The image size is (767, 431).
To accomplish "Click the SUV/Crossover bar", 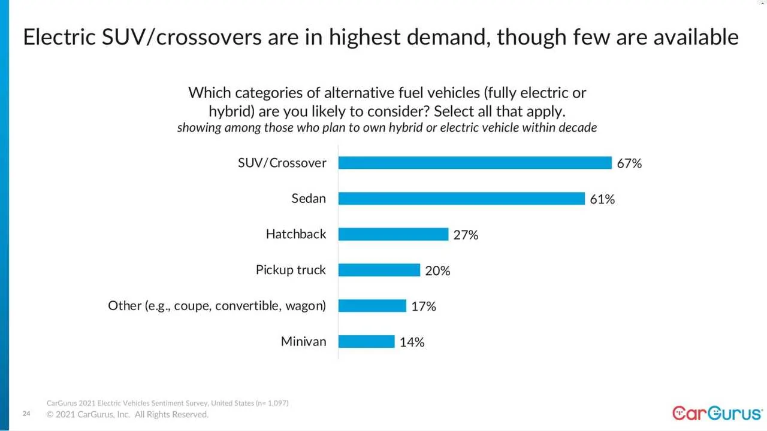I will pyautogui.click(x=475, y=163).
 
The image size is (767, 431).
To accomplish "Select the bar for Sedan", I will pyautogui.click(x=461, y=199).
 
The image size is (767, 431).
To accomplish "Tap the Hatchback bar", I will pyautogui.click(x=393, y=234).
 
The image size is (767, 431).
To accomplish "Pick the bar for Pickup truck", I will pyautogui.click(x=379, y=270).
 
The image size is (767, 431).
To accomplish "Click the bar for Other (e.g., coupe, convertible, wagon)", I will pyautogui.click(x=372, y=306).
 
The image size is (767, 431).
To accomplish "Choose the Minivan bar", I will pyautogui.click(x=366, y=341).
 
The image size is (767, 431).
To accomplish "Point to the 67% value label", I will pyautogui.click(x=629, y=163).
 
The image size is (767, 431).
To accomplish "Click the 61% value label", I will pyautogui.click(x=602, y=199).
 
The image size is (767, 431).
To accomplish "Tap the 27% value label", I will pyautogui.click(x=466, y=235).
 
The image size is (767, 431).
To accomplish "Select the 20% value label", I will pyautogui.click(x=437, y=271).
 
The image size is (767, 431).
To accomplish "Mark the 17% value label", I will pyautogui.click(x=424, y=306).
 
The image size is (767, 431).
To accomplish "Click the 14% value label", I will pyautogui.click(x=412, y=342).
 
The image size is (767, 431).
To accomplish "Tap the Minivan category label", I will pyautogui.click(x=304, y=341).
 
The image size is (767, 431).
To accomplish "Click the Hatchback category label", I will pyautogui.click(x=296, y=234).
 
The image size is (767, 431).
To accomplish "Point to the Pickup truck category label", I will pyautogui.click(x=291, y=270).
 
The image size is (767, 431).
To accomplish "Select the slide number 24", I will pyautogui.click(x=26, y=414).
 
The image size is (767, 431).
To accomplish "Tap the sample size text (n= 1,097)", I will pyautogui.click(x=271, y=403).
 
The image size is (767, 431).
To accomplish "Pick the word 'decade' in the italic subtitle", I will pyautogui.click(x=576, y=128).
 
